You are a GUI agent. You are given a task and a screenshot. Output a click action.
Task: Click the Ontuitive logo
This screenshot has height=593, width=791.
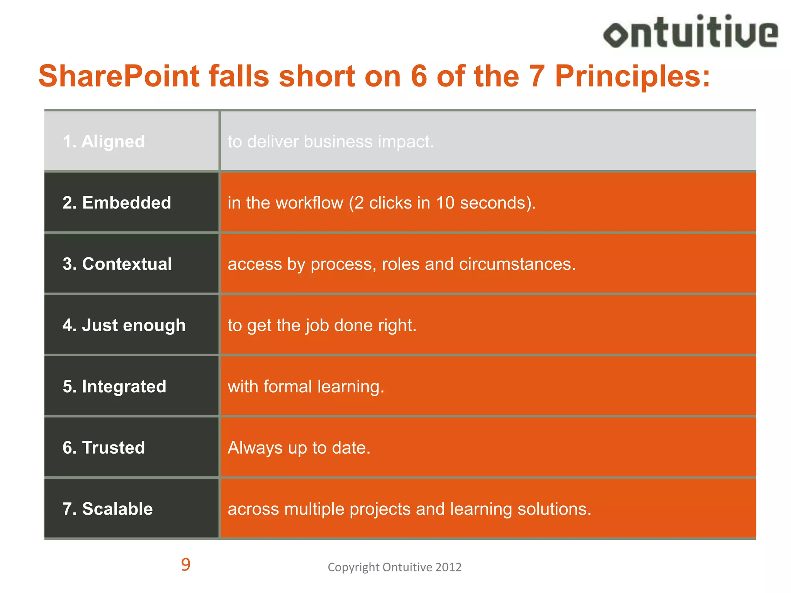[x=691, y=32]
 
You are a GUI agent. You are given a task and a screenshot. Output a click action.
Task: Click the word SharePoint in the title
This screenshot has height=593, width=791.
[x=119, y=76]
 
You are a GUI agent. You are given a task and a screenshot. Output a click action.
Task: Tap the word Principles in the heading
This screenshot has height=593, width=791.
[x=632, y=76]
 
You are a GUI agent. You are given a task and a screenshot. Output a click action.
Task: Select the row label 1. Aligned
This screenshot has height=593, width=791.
[x=104, y=142]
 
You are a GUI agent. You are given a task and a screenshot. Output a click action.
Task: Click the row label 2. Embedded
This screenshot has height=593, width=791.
[x=117, y=203]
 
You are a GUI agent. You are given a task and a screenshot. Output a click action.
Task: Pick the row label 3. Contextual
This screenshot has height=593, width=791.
[x=117, y=264]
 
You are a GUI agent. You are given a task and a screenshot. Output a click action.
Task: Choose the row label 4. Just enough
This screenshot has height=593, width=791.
[x=124, y=325]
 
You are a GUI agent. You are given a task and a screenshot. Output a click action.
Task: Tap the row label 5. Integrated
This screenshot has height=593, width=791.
[x=114, y=386]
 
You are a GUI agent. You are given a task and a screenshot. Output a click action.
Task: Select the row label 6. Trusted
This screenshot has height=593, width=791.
[x=104, y=448]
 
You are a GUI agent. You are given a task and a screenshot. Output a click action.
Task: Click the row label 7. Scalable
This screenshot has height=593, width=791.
[x=108, y=509]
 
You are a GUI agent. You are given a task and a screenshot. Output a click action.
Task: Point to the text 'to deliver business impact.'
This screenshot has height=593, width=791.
[x=331, y=142]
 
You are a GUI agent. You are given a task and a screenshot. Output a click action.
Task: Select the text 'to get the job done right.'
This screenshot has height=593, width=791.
[x=322, y=325]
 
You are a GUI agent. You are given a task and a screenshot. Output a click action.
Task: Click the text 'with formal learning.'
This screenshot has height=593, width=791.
[x=306, y=386]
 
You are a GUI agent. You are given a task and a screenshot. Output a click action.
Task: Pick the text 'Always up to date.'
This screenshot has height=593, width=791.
[x=299, y=448]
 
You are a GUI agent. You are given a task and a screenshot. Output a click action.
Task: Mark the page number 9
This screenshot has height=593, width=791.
[x=186, y=565]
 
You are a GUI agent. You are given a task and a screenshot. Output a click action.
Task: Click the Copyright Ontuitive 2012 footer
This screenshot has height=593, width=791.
[x=394, y=567]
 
